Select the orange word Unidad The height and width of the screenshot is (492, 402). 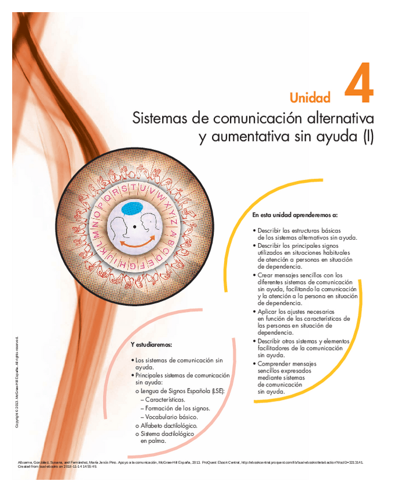click(310, 97)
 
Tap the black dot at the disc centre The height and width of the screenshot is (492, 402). click(135, 226)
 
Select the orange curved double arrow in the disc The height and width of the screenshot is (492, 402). click(135, 243)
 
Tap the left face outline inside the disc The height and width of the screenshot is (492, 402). click(119, 227)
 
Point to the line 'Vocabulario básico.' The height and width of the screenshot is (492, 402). click(172, 417)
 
